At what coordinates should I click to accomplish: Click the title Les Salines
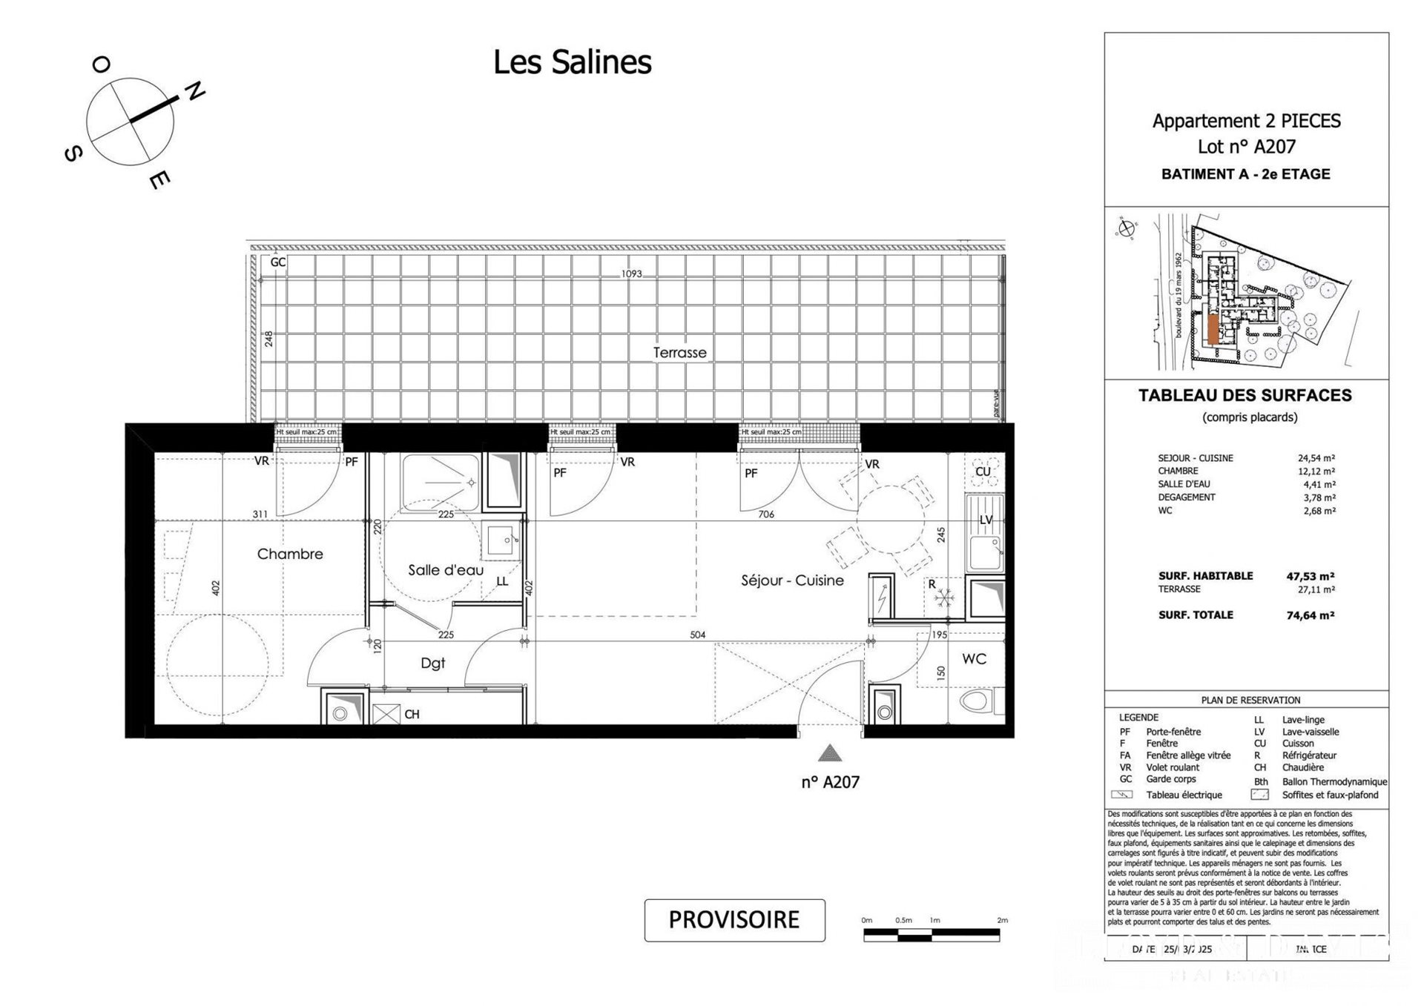[572, 62]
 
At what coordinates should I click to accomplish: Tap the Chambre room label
[290, 554]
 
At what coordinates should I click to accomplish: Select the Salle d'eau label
[445, 570]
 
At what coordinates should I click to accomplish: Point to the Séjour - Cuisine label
[792, 580]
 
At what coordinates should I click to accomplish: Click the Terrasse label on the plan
[679, 353]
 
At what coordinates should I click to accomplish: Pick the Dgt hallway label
[432, 663]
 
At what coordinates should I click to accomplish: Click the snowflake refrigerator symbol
[944, 598]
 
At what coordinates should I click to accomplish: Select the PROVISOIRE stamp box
[734, 920]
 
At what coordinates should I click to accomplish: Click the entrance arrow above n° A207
[829, 753]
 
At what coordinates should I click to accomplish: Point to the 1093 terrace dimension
[631, 274]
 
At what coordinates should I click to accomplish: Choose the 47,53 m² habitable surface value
[1311, 576]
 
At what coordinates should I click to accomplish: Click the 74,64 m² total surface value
[1311, 615]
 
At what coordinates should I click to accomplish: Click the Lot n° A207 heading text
[1246, 147]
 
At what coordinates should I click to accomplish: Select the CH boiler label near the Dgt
[412, 715]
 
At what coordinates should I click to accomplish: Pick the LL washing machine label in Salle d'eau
[502, 582]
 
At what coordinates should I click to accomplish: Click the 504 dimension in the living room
[697, 635]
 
